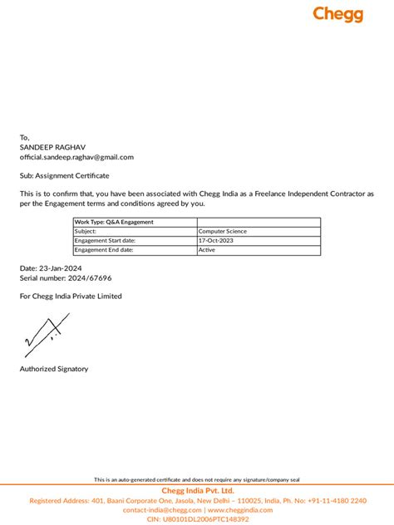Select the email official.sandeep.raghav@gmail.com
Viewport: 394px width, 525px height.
(76, 157)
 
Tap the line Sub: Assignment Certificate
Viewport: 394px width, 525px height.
(65, 176)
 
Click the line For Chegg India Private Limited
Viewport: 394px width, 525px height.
(71, 297)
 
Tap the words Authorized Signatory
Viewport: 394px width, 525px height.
(54, 369)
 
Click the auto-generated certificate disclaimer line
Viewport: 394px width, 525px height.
(196, 480)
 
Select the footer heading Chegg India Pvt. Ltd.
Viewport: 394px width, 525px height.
(197, 491)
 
